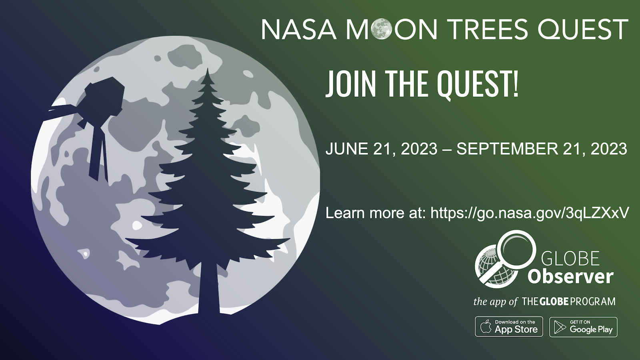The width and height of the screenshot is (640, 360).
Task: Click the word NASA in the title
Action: (298, 29)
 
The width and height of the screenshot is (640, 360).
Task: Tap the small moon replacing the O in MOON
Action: (382, 29)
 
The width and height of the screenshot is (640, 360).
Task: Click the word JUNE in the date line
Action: (347, 149)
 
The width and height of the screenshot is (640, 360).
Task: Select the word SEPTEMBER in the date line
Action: (507, 149)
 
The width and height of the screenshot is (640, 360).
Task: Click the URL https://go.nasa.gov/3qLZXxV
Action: (530, 213)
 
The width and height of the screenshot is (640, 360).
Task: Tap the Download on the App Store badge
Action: (509, 326)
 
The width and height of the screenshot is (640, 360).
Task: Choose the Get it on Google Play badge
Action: (583, 326)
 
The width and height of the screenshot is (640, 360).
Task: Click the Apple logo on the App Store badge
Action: (486, 326)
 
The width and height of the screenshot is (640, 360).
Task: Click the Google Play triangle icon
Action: (560, 327)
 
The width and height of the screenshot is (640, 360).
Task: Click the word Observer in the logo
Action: (570, 276)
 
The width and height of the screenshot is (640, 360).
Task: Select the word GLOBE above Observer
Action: (570, 258)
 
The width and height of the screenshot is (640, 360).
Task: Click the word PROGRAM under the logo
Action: (593, 302)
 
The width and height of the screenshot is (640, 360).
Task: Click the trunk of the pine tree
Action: (209, 288)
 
